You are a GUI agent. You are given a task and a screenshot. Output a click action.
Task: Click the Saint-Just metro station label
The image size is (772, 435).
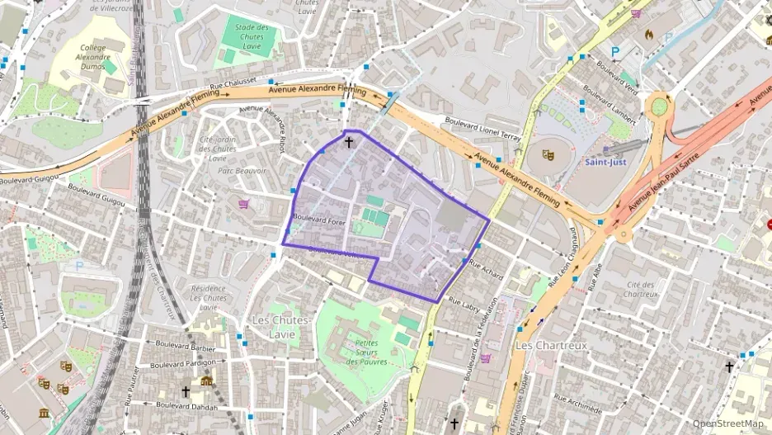(605, 162)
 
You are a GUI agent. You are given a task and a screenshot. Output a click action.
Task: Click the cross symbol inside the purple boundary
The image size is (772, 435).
(348, 142)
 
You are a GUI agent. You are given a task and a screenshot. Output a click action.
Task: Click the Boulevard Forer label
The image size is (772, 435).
(318, 220)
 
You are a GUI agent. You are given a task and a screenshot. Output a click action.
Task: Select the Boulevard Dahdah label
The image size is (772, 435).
(186, 404)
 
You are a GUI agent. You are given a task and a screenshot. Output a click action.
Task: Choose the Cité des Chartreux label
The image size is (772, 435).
(641, 289)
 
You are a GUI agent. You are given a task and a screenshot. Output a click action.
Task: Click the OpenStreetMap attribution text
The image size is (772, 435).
(727, 423)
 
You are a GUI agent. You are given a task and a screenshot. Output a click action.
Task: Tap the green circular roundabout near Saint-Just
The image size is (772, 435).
(659, 106)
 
